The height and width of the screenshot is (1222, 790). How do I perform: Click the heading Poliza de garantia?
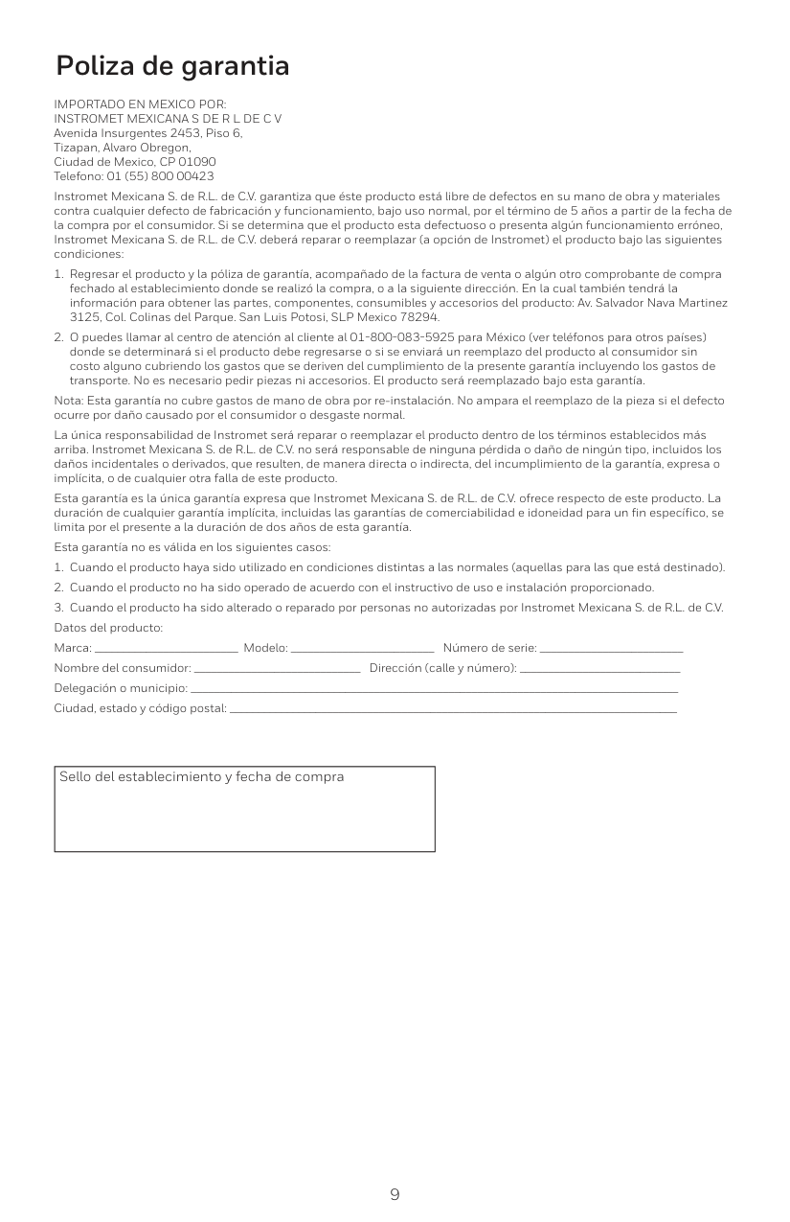(x=172, y=66)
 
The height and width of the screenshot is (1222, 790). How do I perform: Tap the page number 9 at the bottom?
(x=395, y=1194)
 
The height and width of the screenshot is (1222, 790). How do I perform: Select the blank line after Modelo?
(x=362, y=651)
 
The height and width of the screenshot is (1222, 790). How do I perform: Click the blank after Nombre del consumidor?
(x=277, y=669)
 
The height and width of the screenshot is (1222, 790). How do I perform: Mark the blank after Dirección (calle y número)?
(x=600, y=669)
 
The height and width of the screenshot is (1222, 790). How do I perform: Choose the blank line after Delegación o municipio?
(x=434, y=689)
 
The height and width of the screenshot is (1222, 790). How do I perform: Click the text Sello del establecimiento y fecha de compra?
(x=202, y=776)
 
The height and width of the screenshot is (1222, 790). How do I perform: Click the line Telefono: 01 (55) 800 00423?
(x=134, y=176)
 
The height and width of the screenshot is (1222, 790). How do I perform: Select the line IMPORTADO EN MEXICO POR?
(x=141, y=104)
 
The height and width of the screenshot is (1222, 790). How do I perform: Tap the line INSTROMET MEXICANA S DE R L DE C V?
(x=168, y=118)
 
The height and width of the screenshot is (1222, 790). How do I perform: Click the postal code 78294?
(x=420, y=316)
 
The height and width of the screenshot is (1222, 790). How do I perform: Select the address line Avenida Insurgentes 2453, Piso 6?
(x=148, y=132)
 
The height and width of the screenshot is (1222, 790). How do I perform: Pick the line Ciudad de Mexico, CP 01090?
(x=135, y=162)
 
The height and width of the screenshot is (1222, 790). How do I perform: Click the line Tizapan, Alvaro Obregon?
(x=123, y=148)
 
